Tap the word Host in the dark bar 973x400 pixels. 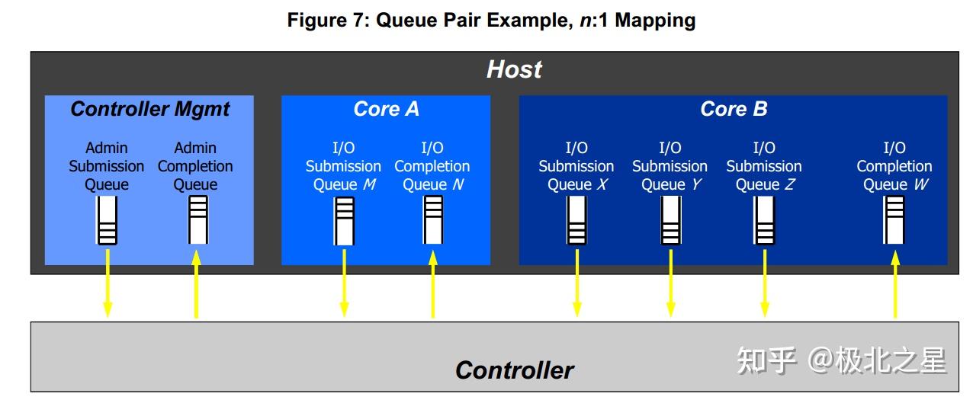(x=514, y=69)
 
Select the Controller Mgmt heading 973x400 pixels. (x=149, y=109)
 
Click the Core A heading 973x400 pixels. (x=386, y=109)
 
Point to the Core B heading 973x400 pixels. (x=733, y=109)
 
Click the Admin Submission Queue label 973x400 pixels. (x=107, y=166)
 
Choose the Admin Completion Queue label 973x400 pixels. (x=195, y=166)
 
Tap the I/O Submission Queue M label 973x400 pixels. (x=343, y=166)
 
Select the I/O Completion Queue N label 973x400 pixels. (x=432, y=166)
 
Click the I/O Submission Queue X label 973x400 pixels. (x=576, y=166)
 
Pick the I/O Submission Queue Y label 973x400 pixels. (x=670, y=166)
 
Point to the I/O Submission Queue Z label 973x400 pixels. (x=764, y=166)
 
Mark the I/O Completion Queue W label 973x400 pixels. (x=894, y=166)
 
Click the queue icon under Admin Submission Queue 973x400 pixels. (x=107, y=220)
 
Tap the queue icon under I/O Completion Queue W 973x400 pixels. (x=894, y=220)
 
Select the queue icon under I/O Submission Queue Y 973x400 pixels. (x=670, y=220)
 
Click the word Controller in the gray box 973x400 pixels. (x=514, y=370)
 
